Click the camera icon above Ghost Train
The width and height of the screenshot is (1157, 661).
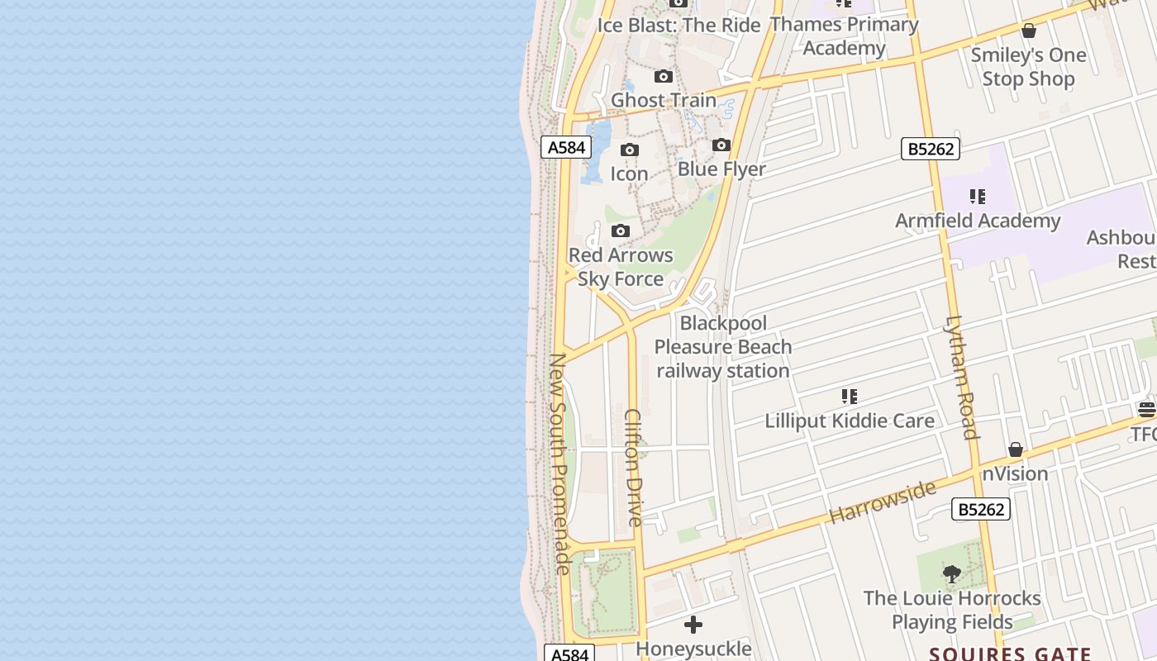pyautogui.click(x=664, y=77)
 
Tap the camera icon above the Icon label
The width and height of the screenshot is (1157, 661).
pyautogui.click(x=630, y=150)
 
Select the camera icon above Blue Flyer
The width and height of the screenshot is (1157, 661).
pyautogui.click(x=721, y=145)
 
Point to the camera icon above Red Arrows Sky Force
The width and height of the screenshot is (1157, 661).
pyautogui.click(x=621, y=231)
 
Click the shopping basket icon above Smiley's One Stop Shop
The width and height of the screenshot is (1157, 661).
pyautogui.click(x=1029, y=31)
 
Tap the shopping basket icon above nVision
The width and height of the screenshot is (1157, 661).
pyautogui.click(x=1016, y=450)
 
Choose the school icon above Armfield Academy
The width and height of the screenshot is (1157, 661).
pyautogui.click(x=978, y=197)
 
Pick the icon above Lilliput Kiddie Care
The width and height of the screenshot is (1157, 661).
pyautogui.click(x=850, y=397)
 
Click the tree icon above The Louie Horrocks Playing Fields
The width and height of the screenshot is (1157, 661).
pyautogui.click(x=952, y=573)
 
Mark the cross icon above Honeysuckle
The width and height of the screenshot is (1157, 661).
pyautogui.click(x=693, y=625)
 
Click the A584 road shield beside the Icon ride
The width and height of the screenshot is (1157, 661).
pyautogui.click(x=567, y=148)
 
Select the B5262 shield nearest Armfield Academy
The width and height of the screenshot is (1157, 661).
pyautogui.click(x=931, y=149)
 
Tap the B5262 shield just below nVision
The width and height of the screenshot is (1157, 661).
pyautogui.click(x=982, y=509)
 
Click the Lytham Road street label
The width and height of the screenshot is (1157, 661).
pyautogui.click(x=961, y=377)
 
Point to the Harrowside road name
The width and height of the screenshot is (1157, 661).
pyautogui.click(x=882, y=502)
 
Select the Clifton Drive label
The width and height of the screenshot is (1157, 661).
pyautogui.click(x=633, y=467)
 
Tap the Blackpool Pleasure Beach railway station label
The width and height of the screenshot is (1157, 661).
pyautogui.click(x=723, y=347)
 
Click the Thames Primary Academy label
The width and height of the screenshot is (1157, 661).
pyautogui.click(x=844, y=36)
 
